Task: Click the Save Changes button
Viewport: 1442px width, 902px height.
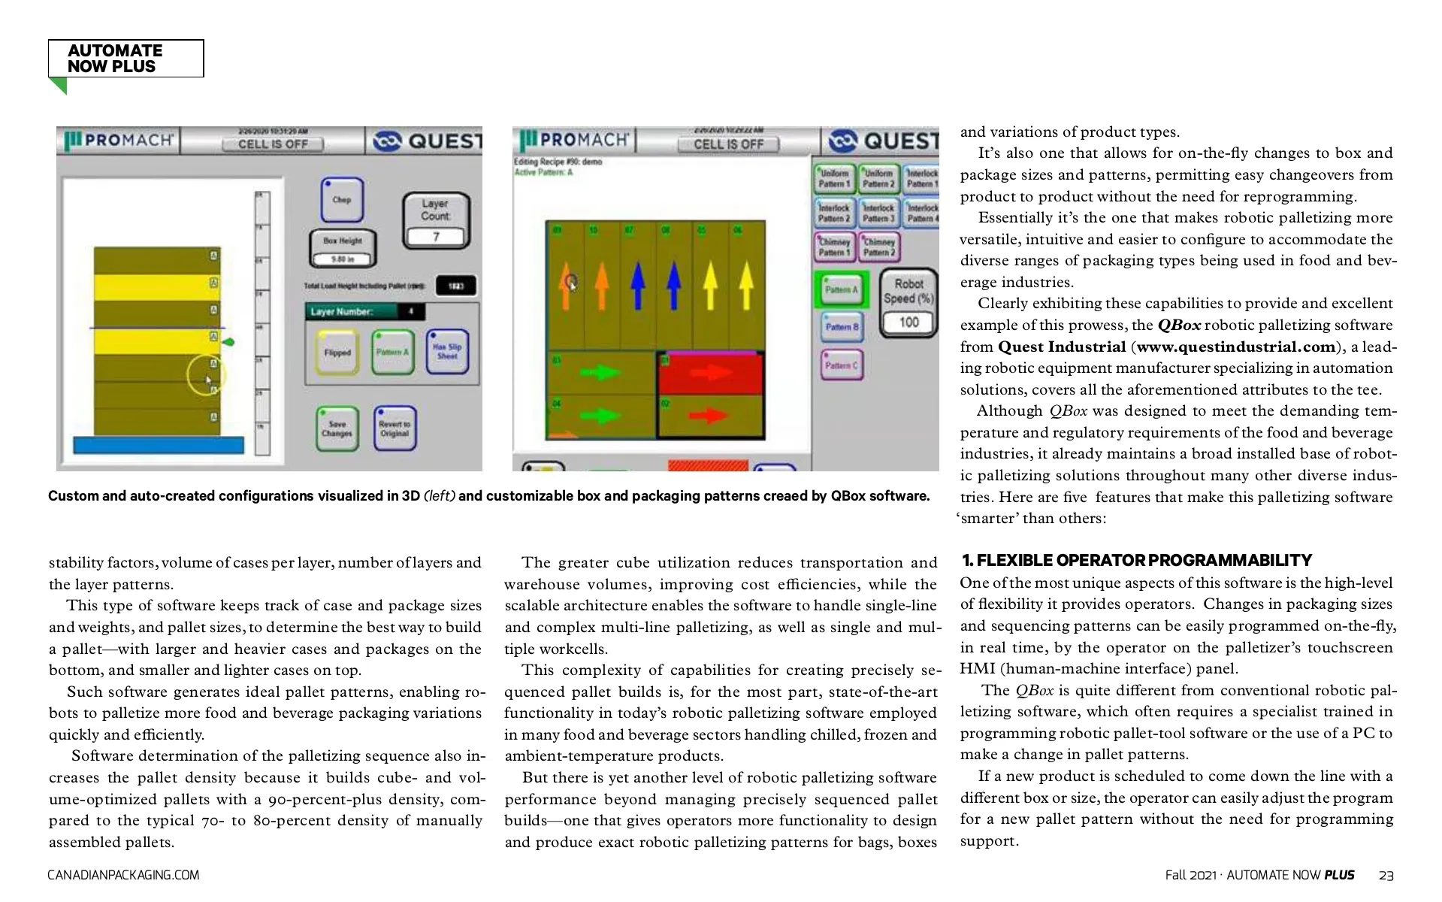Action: pyautogui.click(x=337, y=428)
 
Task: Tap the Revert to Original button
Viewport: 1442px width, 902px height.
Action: pyautogui.click(x=395, y=428)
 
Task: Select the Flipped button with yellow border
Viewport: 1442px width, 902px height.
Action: pyautogui.click(x=337, y=353)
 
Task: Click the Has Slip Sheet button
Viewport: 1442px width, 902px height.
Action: pyautogui.click(x=447, y=352)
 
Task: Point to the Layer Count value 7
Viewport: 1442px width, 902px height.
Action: pyautogui.click(x=436, y=237)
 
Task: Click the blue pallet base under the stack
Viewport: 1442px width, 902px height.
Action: pyautogui.click(x=159, y=445)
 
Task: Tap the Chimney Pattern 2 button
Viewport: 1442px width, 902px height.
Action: pyautogui.click(x=879, y=247)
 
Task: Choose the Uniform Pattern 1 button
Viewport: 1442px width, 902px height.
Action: pyautogui.click(x=835, y=178)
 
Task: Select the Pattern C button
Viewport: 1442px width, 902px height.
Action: pyautogui.click(x=842, y=365)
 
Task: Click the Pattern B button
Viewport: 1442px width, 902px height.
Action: pyautogui.click(x=842, y=327)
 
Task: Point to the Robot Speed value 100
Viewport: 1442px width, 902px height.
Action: pyautogui.click(x=908, y=322)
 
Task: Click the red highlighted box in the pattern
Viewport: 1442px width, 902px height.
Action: pyautogui.click(x=710, y=373)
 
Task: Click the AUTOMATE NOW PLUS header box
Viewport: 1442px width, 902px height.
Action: pyautogui.click(x=125, y=59)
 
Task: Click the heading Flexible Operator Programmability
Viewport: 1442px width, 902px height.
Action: pyautogui.click(x=1137, y=561)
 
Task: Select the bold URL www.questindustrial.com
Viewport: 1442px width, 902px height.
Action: pyautogui.click(x=1235, y=347)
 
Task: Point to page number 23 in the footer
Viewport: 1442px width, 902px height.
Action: pyautogui.click(x=1386, y=875)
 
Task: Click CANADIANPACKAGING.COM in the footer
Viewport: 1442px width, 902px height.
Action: pyautogui.click(x=123, y=875)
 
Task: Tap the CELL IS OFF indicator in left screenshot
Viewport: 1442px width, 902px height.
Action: pyautogui.click(x=273, y=144)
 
